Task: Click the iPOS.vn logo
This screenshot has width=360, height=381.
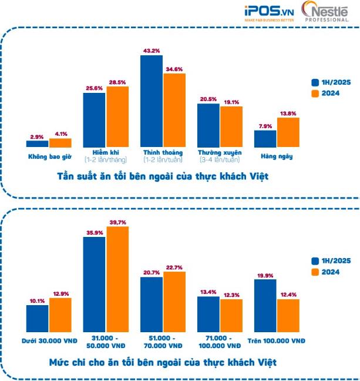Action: tap(270, 12)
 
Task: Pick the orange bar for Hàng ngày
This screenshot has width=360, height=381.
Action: tap(288, 132)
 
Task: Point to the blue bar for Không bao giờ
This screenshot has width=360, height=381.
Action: tap(38, 143)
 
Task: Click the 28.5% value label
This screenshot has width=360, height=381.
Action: tap(117, 82)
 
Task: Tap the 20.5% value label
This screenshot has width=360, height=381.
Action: tap(208, 99)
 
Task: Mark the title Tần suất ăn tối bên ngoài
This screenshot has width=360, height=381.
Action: tap(163, 176)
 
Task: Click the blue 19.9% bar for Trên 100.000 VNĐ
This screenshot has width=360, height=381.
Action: tap(265, 306)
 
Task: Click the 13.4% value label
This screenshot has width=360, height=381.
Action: tap(208, 292)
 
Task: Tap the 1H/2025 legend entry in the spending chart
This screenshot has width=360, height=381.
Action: tap(330, 260)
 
